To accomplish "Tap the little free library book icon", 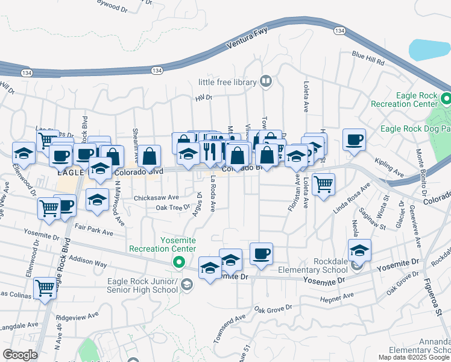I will pos(265,81).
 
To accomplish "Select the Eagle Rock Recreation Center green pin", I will pos(446,98).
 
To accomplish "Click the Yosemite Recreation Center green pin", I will pos(178,262).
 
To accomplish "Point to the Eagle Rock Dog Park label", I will pos(415,128).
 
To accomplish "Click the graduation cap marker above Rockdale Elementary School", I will pos(359,249).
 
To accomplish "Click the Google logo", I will pos(19,355).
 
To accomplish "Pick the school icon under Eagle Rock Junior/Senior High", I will pos(187,284).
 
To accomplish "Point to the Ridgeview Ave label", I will pos(77,316).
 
